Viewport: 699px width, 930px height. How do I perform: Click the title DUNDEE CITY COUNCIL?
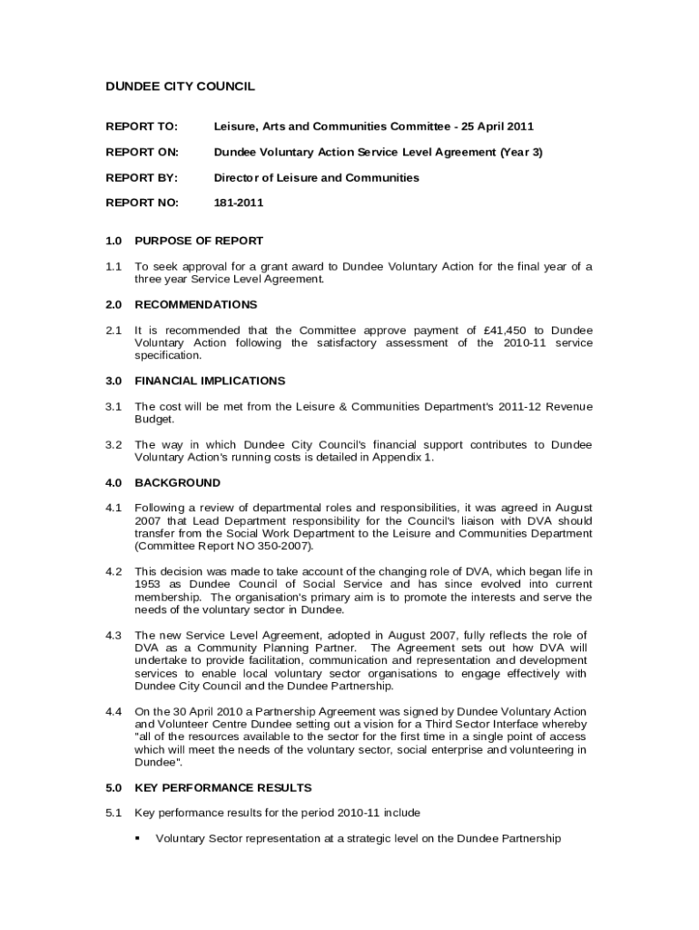180,86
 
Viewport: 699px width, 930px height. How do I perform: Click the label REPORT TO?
142,126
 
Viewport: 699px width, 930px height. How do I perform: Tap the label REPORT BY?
142,177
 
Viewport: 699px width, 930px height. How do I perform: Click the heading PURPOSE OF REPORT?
198,241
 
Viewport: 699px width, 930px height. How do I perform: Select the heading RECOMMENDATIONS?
195,304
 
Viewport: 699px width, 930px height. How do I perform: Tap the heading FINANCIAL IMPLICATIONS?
209,381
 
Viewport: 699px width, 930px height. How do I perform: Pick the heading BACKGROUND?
177,482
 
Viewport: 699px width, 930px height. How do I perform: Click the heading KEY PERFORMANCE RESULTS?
222,787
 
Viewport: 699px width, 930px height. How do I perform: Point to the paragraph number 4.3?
113,635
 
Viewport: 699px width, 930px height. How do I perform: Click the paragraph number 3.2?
113,445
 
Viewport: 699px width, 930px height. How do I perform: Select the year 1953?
148,584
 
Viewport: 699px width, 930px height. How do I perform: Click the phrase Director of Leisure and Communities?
316,177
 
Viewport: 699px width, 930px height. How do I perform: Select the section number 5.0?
113,787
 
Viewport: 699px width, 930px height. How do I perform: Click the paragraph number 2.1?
113,330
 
